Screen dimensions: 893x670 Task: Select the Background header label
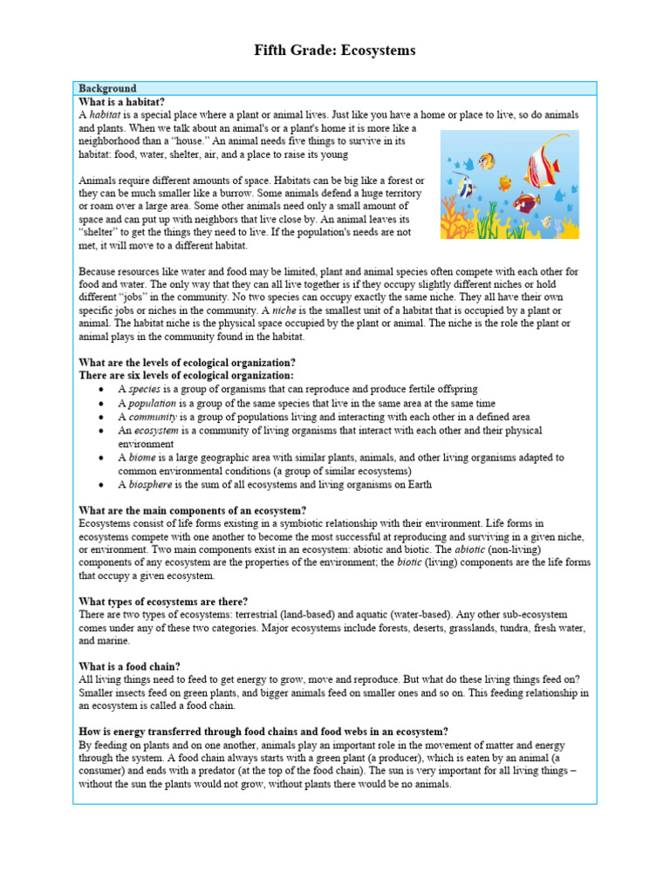[107, 88]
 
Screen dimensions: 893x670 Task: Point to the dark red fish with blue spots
[526, 203]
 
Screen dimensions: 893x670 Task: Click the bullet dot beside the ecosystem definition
[103, 431]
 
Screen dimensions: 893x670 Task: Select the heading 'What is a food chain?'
[129, 666]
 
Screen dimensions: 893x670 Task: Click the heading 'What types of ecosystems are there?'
[163, 602]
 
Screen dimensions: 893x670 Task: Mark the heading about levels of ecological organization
[187, 362]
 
